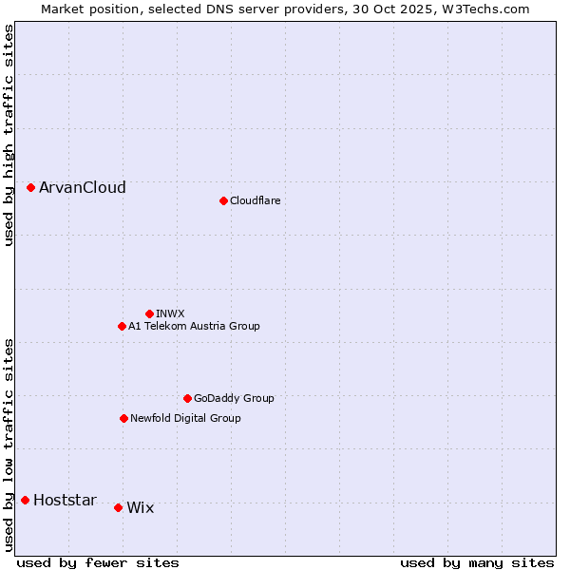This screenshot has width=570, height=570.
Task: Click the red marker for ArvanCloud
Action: click(30, 188)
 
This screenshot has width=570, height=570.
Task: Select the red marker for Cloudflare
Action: click(223, 200)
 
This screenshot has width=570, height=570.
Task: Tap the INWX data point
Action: click(149, 313)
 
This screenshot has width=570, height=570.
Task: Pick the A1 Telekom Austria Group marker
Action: click(122, 326)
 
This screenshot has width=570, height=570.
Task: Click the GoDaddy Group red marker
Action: click(187, 398)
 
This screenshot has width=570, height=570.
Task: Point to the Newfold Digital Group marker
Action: click(123, 418)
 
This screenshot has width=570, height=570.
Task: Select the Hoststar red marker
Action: click(25, 500)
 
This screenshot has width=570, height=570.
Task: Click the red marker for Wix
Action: click(118, 507)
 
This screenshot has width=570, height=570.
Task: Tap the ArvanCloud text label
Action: click(82, 188)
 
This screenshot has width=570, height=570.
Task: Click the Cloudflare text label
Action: click(255, 200)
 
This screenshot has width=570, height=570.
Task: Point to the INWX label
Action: click(170, 313)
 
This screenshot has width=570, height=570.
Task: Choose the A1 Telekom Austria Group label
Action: click(194, 326)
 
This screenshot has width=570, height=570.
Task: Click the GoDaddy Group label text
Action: click(234, 398)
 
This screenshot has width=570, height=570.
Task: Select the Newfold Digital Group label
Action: click(185, 418)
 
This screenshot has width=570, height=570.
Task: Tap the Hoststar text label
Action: click(65, 501)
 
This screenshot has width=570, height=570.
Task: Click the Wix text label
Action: click(140, 508)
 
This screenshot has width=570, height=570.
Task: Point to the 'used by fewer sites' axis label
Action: click(98, 562)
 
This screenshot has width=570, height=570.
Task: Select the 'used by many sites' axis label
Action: click(477, 562)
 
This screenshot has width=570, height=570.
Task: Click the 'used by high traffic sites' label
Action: click(9, 135)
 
